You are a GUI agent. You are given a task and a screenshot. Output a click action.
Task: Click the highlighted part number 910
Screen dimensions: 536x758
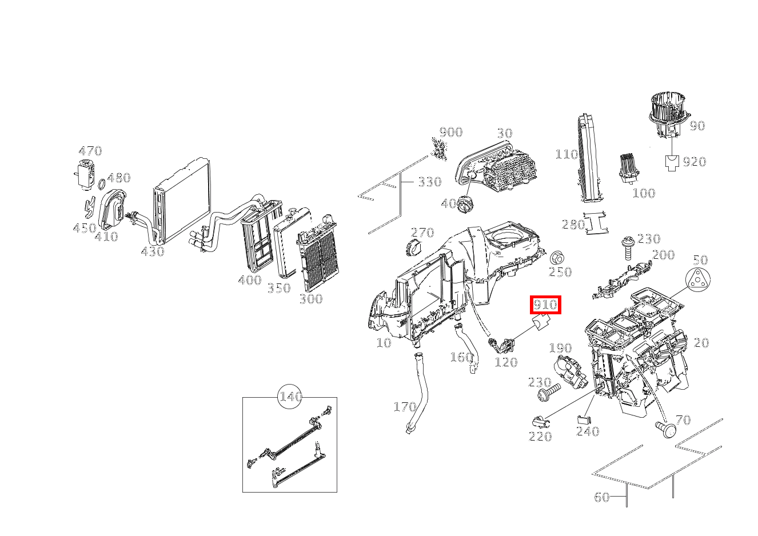545,305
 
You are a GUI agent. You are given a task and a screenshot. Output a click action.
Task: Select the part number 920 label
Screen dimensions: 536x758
695,162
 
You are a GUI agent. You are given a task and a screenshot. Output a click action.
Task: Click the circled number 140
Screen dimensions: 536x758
290,397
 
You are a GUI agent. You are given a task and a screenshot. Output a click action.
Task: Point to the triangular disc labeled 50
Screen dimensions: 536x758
697,282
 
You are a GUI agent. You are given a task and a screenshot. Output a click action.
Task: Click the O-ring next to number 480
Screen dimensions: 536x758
101,185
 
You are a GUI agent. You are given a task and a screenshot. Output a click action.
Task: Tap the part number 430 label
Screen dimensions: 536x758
152,251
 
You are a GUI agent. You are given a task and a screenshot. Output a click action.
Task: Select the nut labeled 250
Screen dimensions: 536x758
556,257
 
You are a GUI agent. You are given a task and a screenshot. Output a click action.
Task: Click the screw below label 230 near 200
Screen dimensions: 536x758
627,245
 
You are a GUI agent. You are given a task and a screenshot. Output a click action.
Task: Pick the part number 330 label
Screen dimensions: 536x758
429,182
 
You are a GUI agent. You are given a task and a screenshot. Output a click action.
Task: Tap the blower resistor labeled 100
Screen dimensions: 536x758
629,168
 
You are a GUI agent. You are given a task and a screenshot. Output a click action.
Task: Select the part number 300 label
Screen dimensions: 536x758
310,298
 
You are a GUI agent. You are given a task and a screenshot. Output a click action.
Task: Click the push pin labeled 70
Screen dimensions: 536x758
665,427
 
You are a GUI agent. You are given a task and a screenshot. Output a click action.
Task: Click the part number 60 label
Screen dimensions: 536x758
602,497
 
